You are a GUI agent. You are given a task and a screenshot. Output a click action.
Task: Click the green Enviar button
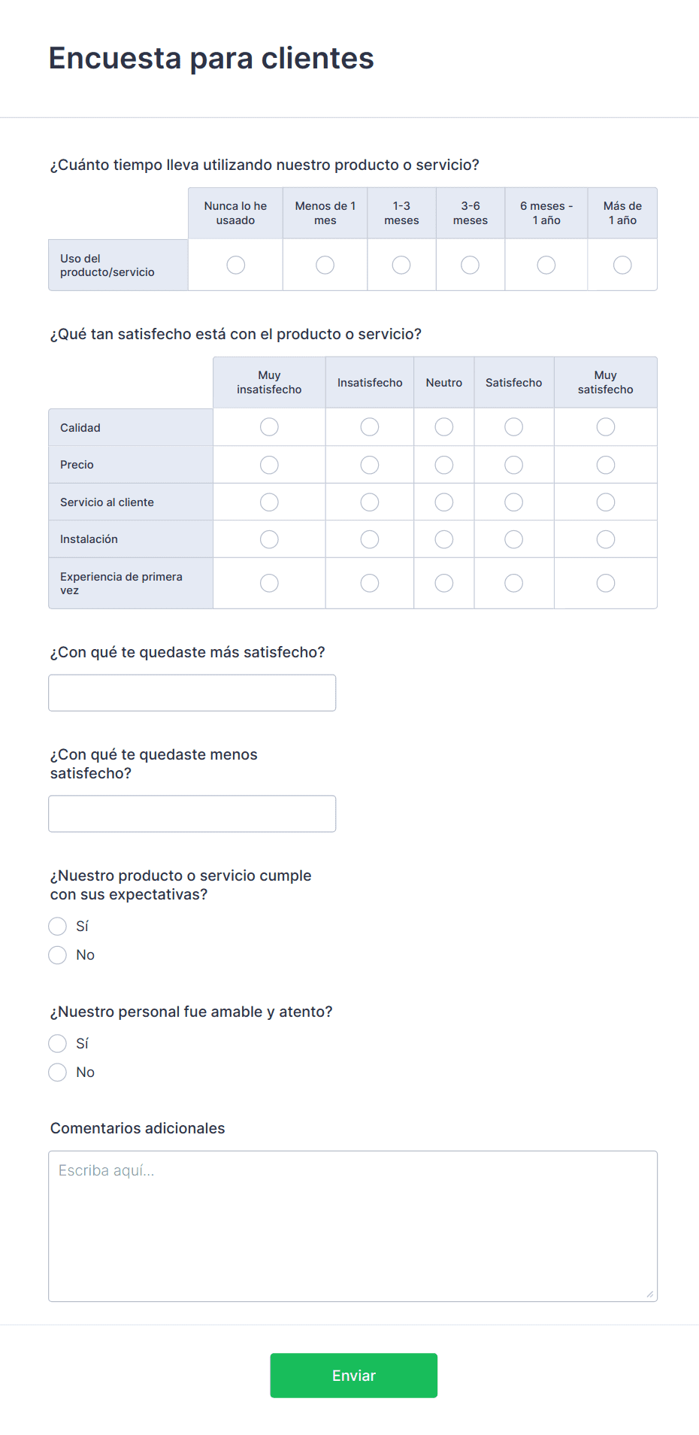(x=353, y=1375)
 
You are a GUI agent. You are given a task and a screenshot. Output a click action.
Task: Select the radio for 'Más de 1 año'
(x=622, y=265)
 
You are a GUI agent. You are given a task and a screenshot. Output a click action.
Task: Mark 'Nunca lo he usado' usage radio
(x=235, y=265)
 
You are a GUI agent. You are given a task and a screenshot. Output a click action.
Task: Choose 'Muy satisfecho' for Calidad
(x=605, y=427)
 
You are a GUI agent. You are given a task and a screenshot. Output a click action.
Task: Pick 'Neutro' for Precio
(x=444, y=465)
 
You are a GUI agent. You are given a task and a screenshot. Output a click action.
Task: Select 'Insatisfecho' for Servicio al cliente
(x=370, y=502)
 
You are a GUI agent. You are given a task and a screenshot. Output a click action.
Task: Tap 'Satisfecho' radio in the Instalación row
(x=513, y=539)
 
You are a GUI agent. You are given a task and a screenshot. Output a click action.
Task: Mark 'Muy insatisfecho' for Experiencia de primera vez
(x=269, y=583)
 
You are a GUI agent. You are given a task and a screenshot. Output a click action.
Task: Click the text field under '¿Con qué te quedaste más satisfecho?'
(x=192, y=693)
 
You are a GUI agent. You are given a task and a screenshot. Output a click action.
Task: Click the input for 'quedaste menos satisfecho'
(x=192, y=814)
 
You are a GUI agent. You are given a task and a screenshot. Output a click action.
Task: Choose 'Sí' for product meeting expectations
(x=58, y=926)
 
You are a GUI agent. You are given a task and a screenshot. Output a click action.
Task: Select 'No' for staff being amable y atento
(x=58, y=1072)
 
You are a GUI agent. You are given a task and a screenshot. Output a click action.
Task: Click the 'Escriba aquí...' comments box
(x=353, y=1226)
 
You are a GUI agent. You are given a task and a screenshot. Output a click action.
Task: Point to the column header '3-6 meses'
(x=471, y=213)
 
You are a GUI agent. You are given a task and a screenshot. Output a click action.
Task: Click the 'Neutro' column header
(x=444, y=383)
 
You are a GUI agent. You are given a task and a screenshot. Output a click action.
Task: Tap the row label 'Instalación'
(x=89, y=539)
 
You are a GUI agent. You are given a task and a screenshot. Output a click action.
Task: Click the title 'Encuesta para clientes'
(x=211, y=58)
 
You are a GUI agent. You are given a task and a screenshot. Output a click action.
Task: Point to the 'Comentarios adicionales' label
(x=138, y=1128)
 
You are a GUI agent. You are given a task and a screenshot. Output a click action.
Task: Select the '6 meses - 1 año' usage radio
(x=546, y=265)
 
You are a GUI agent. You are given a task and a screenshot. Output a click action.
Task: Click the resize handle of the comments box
(x=649, y=1294)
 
